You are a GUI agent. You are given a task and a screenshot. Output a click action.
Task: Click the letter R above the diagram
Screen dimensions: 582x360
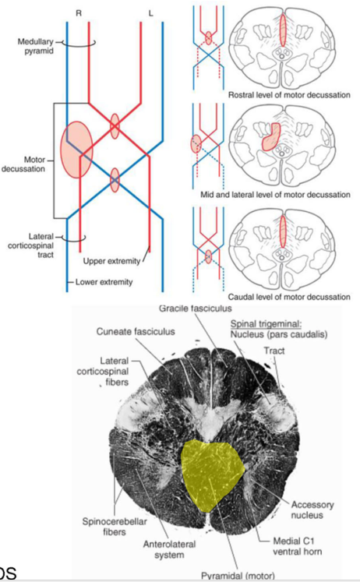(x=79, y=12)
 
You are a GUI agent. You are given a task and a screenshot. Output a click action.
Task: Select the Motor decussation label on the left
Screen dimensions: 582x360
(x=25, y=162)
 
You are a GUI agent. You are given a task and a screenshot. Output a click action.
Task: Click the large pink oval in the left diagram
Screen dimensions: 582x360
(x=79, y=149)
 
